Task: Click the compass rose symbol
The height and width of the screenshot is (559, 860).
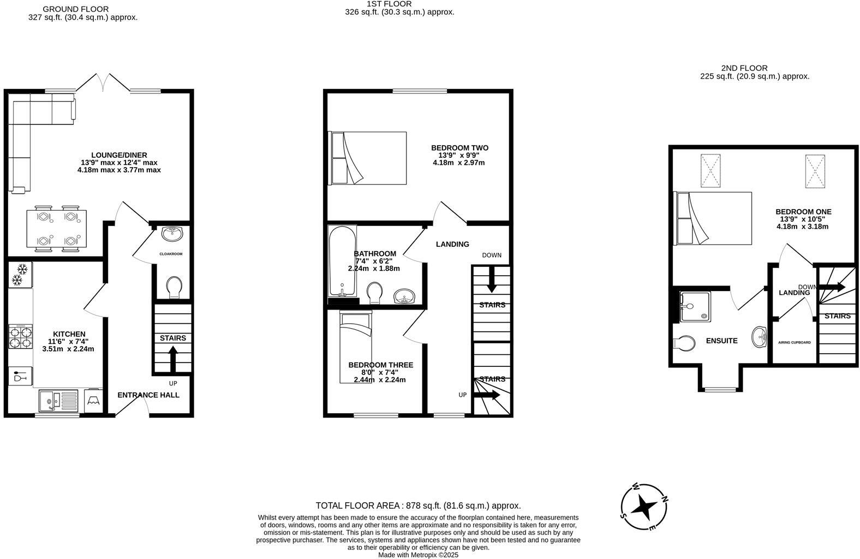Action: point(644,507)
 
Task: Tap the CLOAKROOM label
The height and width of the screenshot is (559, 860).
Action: point(171,254)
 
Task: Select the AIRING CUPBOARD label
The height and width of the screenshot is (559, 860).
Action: point(794,343)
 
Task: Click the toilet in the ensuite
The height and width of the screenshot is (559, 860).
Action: point(684,343)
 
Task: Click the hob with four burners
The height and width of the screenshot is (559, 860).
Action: point(20,337)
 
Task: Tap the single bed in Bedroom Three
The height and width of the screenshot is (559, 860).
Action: point(355,347)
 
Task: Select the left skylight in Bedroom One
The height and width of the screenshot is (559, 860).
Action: point(710,170)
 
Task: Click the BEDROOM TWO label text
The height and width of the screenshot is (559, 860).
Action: point(459,148)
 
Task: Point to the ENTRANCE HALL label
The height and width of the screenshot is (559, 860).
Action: point(148,395)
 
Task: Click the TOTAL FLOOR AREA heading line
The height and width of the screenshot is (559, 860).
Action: point(418,506)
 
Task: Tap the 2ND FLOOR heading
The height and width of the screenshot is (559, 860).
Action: point(744,68)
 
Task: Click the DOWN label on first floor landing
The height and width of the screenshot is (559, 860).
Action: point(491,255)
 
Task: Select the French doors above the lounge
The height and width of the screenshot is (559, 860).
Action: point(103,83)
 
